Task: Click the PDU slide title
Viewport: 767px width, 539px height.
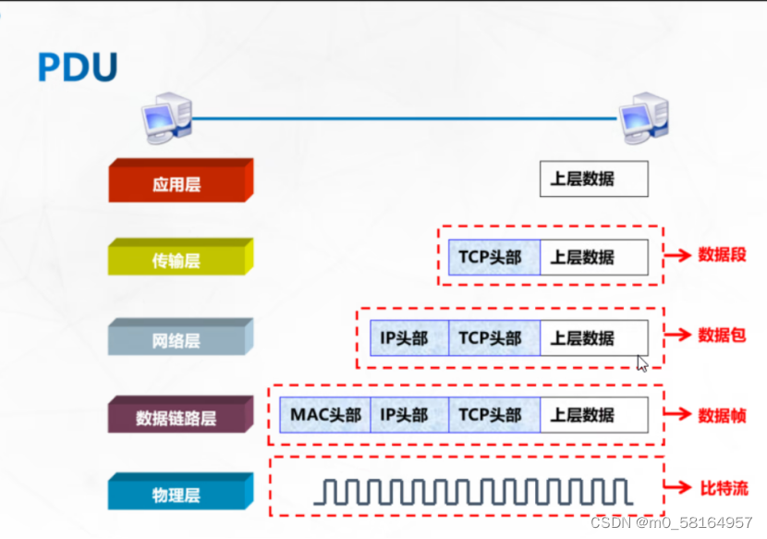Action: click(x=78, y=67)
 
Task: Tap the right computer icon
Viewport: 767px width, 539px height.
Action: click(x=642, y=116)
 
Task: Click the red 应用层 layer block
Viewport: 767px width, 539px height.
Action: click(x=177, y=183)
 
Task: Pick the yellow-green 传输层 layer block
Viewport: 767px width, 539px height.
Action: click(x=177, y=260)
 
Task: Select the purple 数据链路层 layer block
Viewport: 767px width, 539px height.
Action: click(x=177, y=417)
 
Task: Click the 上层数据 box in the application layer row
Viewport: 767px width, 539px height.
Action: click(x=593, y=179)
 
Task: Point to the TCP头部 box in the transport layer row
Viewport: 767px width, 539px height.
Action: click(x=493, y=257)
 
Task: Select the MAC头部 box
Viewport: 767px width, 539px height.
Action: click(x=325, y=415)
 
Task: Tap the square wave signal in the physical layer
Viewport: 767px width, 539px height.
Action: click(x=472, y=491)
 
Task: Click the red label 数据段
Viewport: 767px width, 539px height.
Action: click(x=722, y=255)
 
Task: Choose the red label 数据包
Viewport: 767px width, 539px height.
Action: click(x=722, y=335)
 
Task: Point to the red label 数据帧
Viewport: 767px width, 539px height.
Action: click(x=722, y=415)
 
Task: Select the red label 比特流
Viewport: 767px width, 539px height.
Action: click(x=722, y=487)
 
